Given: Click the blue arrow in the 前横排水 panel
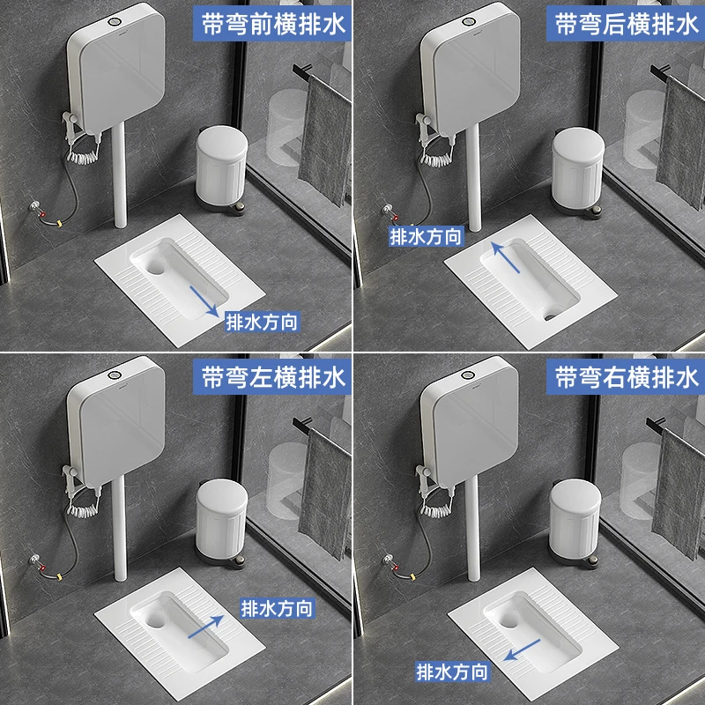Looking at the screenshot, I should point(202,301).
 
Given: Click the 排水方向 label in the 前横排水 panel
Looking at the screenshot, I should point(262,322).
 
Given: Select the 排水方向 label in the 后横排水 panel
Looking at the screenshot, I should point(427,236).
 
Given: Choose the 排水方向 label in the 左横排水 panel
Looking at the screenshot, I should point(277,607).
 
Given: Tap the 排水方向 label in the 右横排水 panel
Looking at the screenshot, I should point(452,672).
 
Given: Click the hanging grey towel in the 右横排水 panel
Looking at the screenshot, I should point(679,493).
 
